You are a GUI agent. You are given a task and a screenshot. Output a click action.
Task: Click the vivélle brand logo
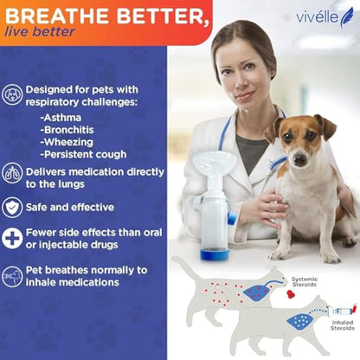click(x=325, y=16)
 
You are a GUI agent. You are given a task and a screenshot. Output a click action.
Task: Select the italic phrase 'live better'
click(x=39, y=32)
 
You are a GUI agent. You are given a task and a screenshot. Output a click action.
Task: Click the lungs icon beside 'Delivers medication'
click(x=12, y=173)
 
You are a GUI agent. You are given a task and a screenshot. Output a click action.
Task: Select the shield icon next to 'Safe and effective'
click(x=12, y=207)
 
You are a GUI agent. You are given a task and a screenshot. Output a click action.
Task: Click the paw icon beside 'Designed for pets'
click(x=12, y=95)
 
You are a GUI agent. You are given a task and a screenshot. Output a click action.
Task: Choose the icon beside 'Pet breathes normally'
click(x=12, y=276)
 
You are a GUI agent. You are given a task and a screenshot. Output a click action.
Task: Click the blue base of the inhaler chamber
click(x=215, y=254)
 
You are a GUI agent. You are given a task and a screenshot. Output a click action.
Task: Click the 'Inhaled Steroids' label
click(x=342, y=326)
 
